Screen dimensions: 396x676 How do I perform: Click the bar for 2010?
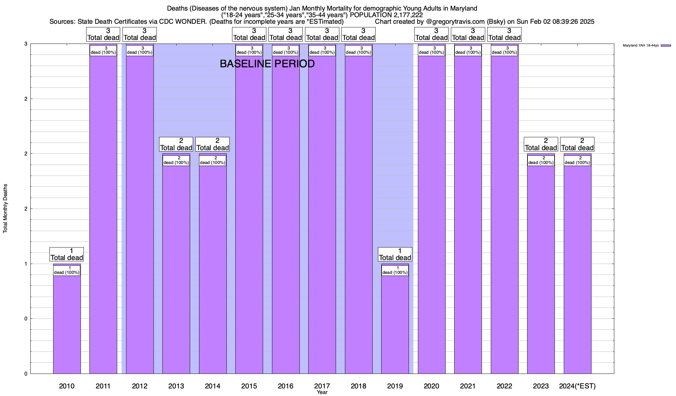click(x=67, y=323)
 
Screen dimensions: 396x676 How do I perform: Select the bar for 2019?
click(x=395, y=323)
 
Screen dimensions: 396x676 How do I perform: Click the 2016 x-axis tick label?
click(x=286, y=386)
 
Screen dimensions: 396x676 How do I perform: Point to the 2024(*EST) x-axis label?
click(x=577, y=386)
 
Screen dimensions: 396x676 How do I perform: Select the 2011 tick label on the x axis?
click(x=103, y=386)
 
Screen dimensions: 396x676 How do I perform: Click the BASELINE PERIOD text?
click(x=267, y=64)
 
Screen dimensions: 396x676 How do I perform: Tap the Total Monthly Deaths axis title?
click(x=5, y=208)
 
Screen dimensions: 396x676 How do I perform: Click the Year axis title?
click(x=322, y=392)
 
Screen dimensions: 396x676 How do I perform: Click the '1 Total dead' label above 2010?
click(x=67, y=254)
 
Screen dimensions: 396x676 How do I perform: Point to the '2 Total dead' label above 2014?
click(x=213, y=144)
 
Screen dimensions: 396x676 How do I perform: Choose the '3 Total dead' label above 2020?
click(x=431, y=34)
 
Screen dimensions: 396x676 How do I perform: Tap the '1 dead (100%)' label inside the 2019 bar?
click(x=395, y=270)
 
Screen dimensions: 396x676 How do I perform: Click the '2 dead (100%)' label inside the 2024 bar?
click(x=577, y=160)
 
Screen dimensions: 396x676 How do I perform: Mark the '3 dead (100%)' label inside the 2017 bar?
click(x=322, y=50)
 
